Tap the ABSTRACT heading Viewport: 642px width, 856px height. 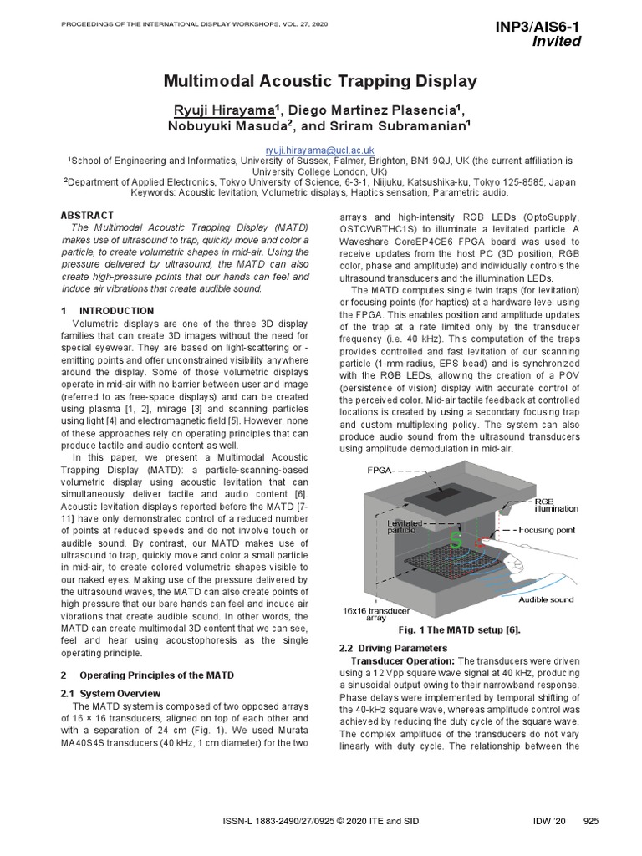[x=88, y=216]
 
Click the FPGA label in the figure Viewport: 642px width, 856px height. [x=380, y=471]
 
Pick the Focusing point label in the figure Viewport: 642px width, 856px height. [x=547, y=530]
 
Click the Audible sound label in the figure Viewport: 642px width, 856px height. [x=546, y=599]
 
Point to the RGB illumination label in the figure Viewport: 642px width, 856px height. [x=557, y=504]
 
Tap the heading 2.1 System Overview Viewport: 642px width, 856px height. [x=111, y=694]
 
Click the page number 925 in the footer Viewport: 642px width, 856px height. [x=591, y=822]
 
